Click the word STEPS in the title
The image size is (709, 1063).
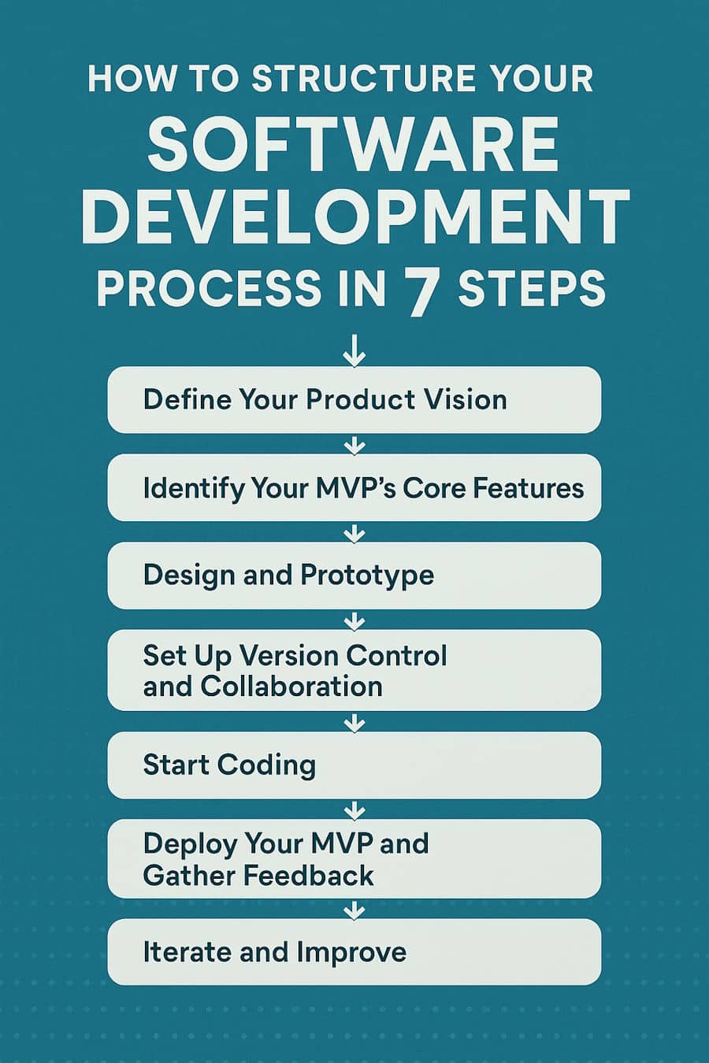pyautogui.click(x=532, y=289)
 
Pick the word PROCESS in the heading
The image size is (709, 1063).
pyautogui.click(x=208, y=289)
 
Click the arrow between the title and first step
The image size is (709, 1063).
pyautogui.click(x=354, y=351)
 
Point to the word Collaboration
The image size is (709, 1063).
pyautogui.click(x=291, y=687)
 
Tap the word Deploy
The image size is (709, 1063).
pyautogui.click(x=189, y=844)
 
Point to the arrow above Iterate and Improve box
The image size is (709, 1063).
pyautogui.click(x=354, y=911)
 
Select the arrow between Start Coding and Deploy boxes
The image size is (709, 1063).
pyautogui.click(x=354, y=809)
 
